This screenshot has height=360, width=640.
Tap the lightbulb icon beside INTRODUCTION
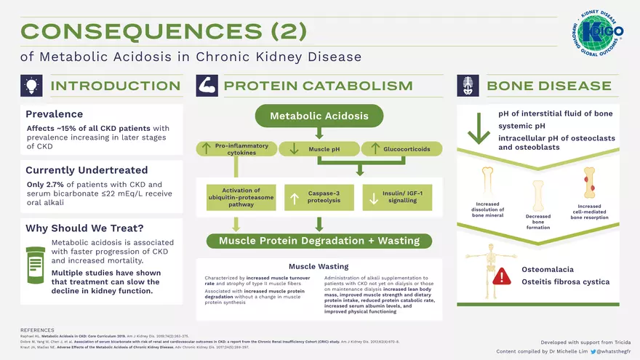[31, 86]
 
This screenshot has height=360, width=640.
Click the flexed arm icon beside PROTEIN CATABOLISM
[206, 86]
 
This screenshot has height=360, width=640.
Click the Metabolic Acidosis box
[319, 116]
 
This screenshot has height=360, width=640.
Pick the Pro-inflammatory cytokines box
[235, 149]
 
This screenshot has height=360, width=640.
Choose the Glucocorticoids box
[401, 149]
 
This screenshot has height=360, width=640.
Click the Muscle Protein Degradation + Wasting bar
[319, 241]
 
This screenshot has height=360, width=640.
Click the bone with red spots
[589, 183]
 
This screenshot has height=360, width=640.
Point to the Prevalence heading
[55, 114]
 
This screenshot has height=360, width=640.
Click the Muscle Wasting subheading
[319, 267]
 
